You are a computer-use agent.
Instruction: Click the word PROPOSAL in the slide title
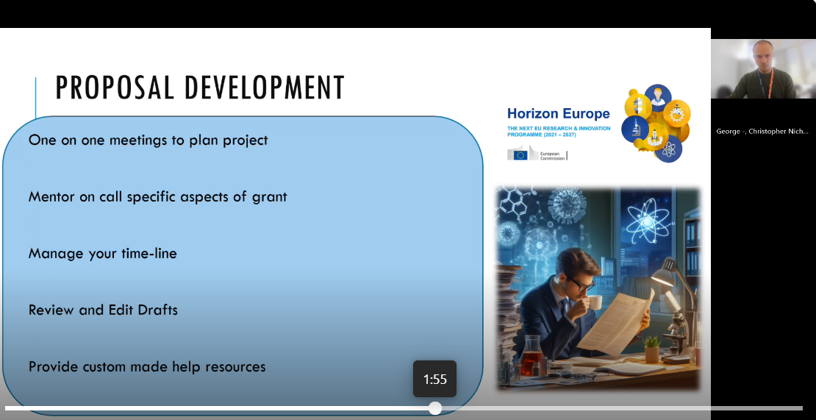(115, 88)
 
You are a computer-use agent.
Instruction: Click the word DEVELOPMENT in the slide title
(265, 88)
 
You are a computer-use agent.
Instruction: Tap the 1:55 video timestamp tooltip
(435, 380)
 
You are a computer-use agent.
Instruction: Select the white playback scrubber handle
(435, 408)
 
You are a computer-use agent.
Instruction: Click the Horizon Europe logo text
(559, 113)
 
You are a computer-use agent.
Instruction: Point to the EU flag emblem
(520, 154)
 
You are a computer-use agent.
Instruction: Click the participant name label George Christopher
(762, 131)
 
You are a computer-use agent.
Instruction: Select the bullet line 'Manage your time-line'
(102, 254)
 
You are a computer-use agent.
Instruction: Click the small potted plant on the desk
(652, 349)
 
